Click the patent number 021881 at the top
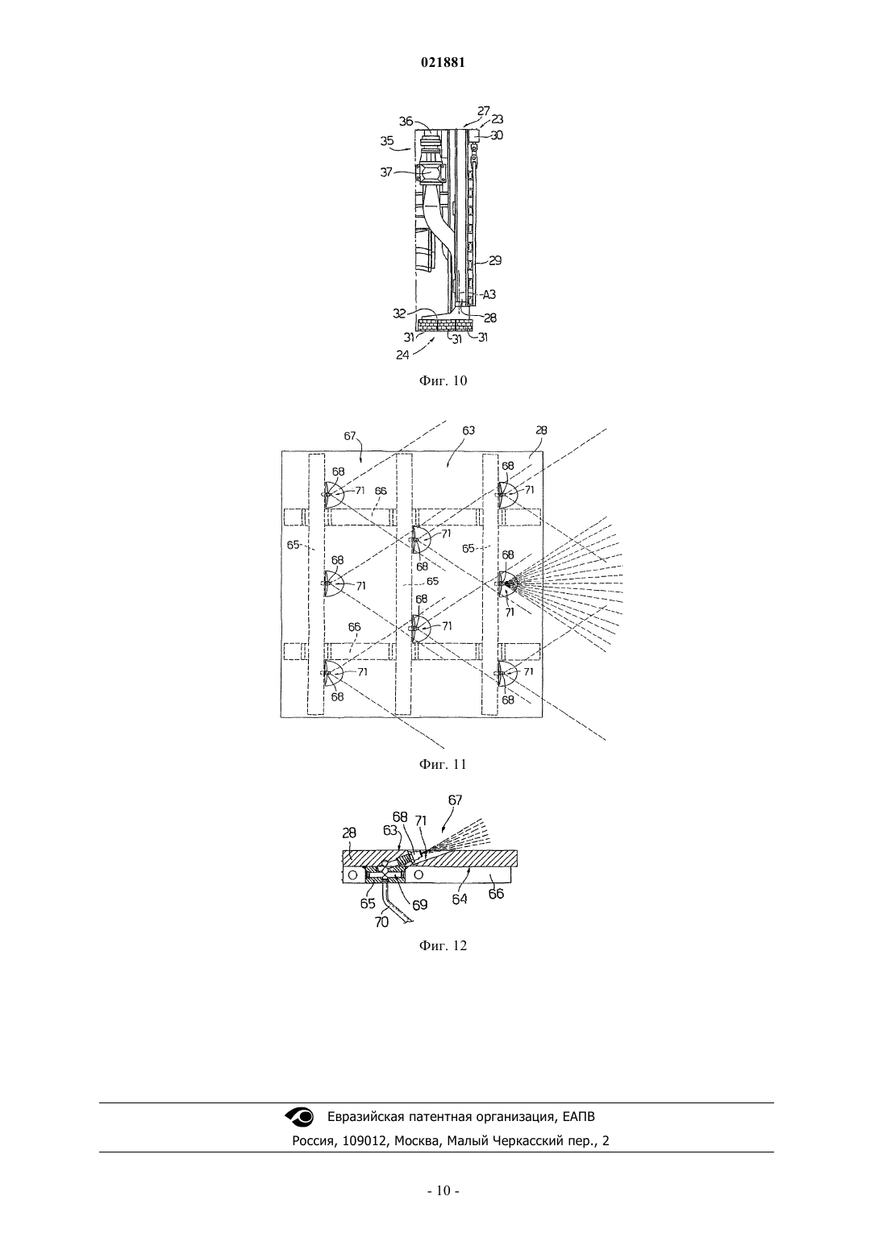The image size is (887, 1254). (443, 63)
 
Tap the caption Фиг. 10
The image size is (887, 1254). (443, 380)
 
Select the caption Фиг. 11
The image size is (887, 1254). (443, 764)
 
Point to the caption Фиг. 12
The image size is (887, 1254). (443, 945)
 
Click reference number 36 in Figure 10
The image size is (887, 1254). (406, 122)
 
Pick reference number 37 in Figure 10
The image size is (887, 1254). (387, 172)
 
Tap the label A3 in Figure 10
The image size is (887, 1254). (489, 294)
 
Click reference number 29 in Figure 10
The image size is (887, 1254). (495, 260)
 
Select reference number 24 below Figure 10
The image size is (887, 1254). (402, 355)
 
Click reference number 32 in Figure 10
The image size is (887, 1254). (398, 313)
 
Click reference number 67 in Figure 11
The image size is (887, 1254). (350, 435)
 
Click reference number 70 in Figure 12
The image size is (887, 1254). (381, 921)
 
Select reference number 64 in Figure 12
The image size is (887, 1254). (460, 899)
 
